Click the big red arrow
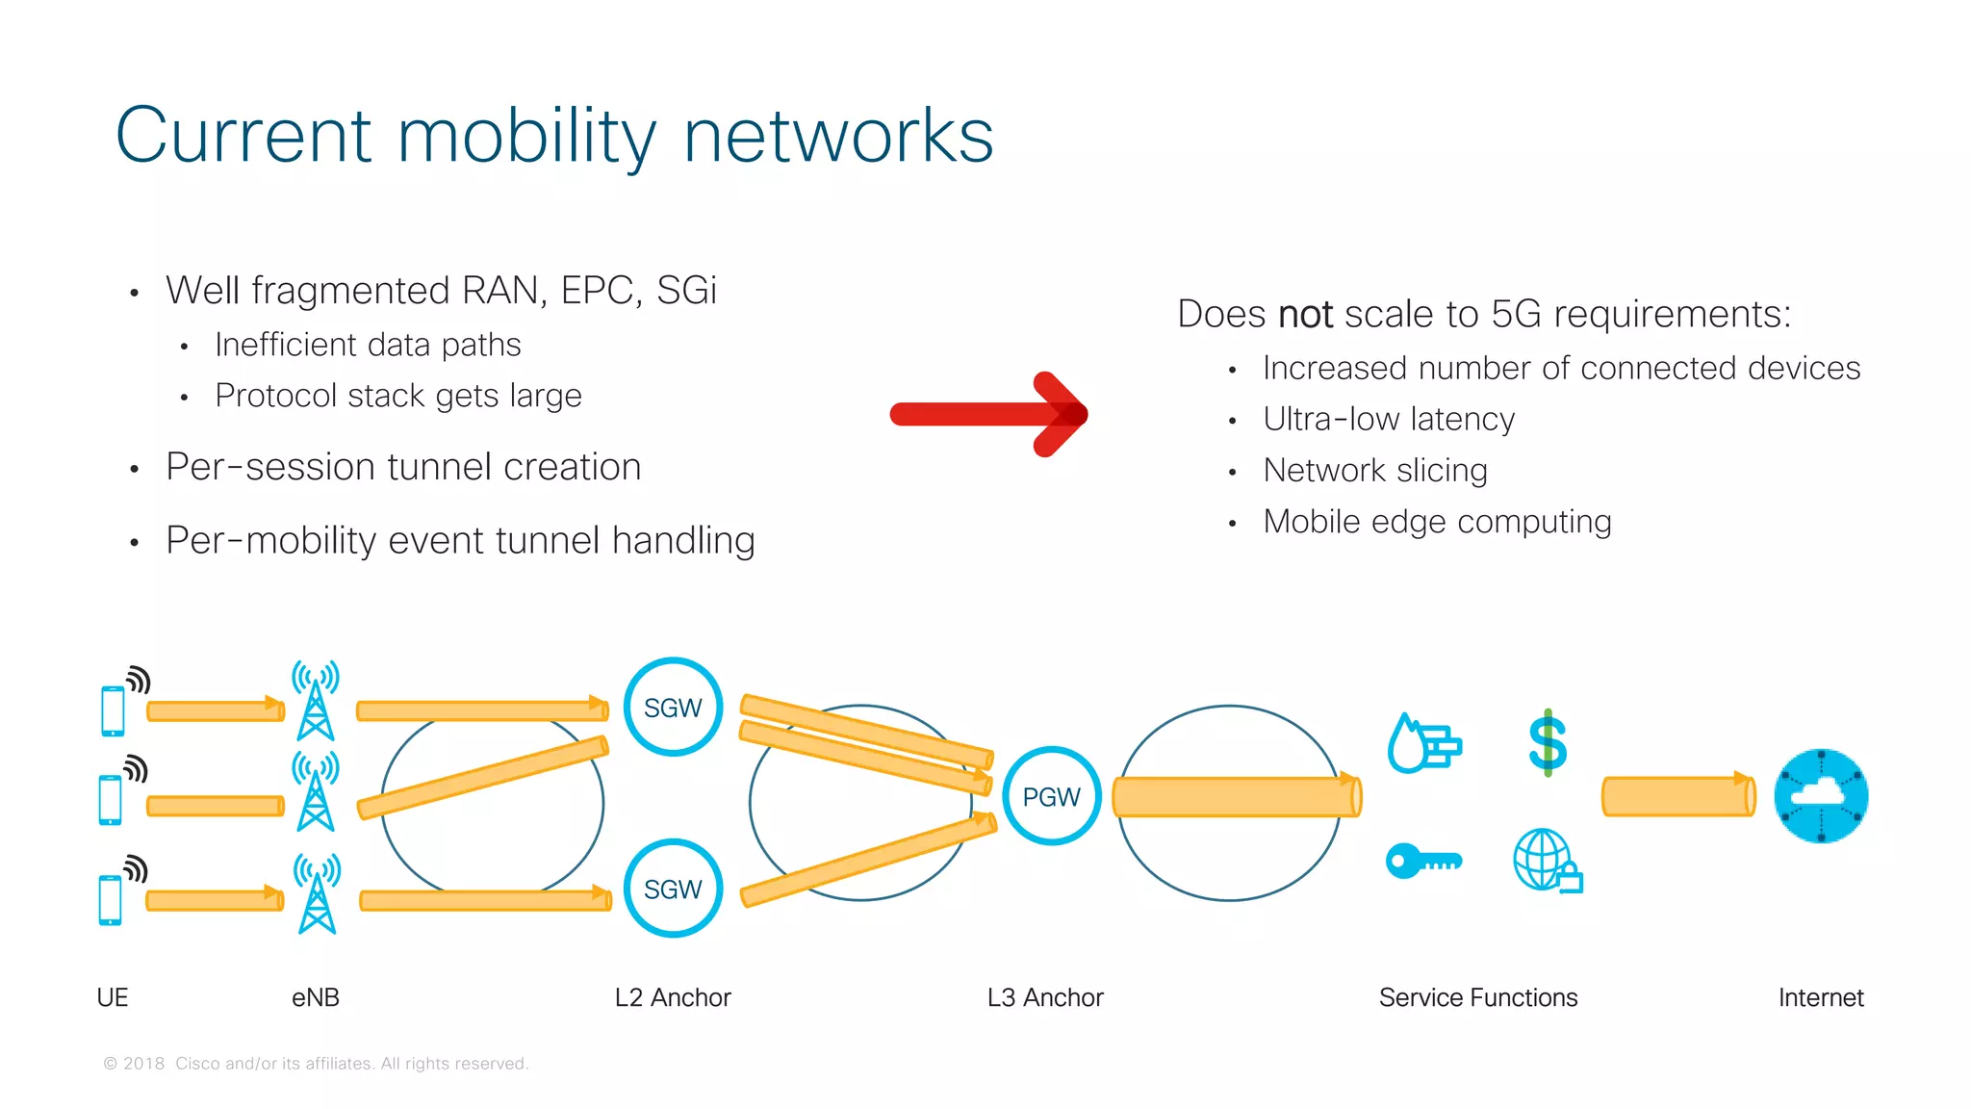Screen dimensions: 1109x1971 coord(988,414)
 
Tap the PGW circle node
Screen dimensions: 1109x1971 coord(1051,796)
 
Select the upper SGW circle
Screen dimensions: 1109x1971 coord(673,708)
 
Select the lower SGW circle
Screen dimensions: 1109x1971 coord(673,889)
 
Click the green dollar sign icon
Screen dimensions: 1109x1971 coord(1548,742)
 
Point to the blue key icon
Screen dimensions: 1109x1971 coord(1422,860)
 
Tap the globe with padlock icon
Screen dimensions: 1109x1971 coord(1547,861)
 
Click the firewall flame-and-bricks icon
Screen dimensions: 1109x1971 coord(1424,744)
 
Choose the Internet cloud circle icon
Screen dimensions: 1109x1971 coord(1820,796)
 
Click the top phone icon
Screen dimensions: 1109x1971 coord(113,710)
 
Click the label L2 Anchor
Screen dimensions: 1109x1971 coord(673,997)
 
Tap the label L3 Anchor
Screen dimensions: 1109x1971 coord(1045,997)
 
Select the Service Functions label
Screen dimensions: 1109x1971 coord(1477,997)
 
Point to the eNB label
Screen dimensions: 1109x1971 coord(316,997)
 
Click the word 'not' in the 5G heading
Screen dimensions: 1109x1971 coord(1305,315)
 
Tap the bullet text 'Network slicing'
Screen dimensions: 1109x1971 coord(1374,470)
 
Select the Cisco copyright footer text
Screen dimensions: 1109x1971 coord(316,1063)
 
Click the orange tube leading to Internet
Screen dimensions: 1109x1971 coord(1677,796)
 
